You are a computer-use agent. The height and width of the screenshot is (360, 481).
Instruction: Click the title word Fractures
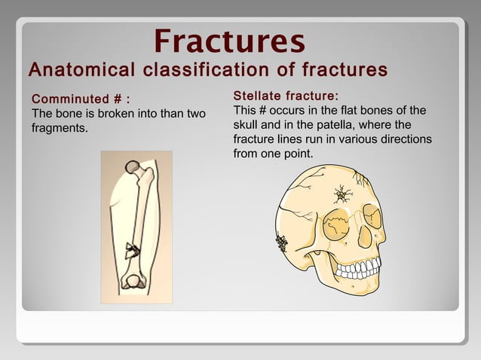tap(229, 40)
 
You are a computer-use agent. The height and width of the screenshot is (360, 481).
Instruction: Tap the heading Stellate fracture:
tap(286, 96)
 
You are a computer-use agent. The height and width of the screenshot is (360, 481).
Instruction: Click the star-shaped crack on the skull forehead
tap(343, 196)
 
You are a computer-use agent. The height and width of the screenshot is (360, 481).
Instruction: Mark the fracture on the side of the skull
tap(282, 243)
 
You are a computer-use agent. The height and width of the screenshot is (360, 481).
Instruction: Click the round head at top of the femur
tap(133, 166)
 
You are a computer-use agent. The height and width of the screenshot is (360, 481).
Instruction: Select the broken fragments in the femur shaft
tap(133, 249)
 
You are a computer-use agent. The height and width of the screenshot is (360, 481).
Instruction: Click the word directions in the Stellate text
tap(405, 139)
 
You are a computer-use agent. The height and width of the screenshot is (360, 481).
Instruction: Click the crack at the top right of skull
tap(360, 178)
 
